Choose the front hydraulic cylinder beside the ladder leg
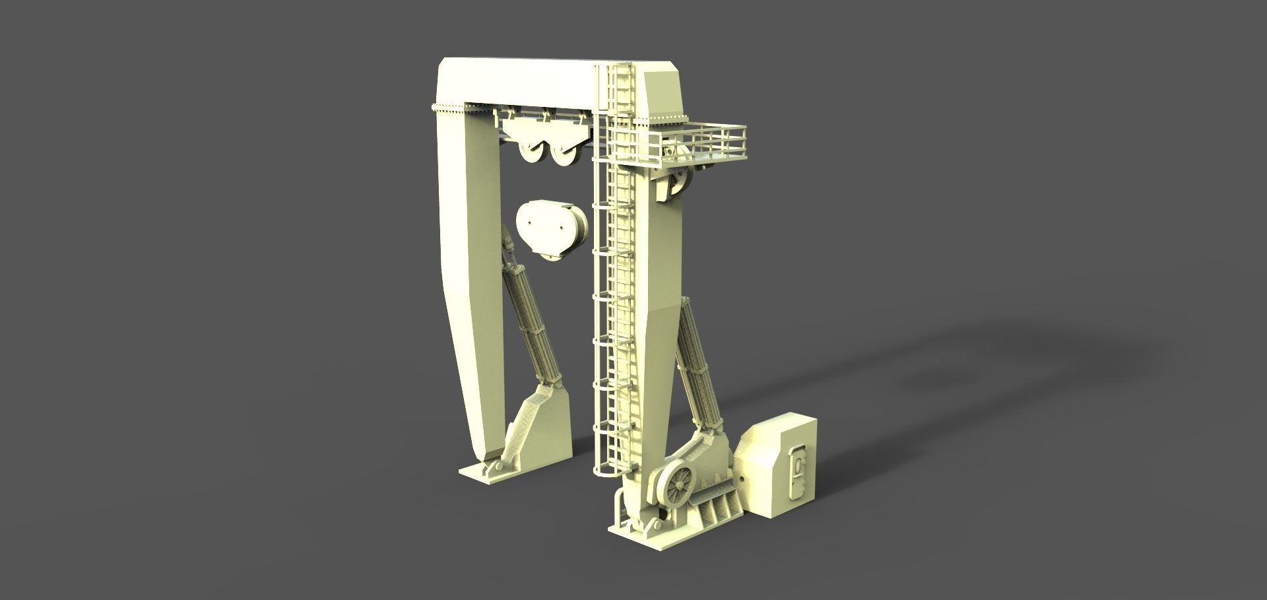697,367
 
